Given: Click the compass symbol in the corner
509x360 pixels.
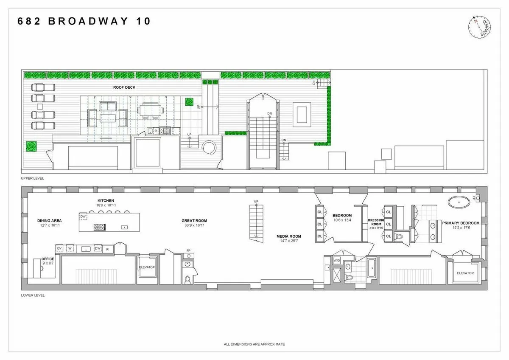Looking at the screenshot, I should coord(480,27).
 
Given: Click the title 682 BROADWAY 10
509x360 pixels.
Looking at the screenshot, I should coord(84,22).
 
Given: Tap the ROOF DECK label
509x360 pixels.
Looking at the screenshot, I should coord(124,87).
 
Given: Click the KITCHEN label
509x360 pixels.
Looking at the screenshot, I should coord(106,200).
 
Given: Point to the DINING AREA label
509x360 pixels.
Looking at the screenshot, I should coord(49,220).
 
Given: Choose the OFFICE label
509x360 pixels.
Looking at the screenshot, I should coord(48,259).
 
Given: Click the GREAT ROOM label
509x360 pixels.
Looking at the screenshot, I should coord(194,220).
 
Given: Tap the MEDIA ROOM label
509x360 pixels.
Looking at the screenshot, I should coord(289,236).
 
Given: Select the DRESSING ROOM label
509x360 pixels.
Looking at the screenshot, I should coord(376,222).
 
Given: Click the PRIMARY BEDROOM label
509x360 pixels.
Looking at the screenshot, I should coord(461,223).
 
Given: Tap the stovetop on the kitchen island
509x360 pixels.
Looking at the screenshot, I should coord(99,227).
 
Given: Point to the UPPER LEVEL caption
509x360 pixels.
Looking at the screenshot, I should coord(33,178).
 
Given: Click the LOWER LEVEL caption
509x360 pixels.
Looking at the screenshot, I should coord(33,295).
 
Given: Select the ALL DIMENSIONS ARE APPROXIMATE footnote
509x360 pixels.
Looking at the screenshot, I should coord(254,344).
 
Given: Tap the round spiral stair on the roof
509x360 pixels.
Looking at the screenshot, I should coord(209,149).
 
